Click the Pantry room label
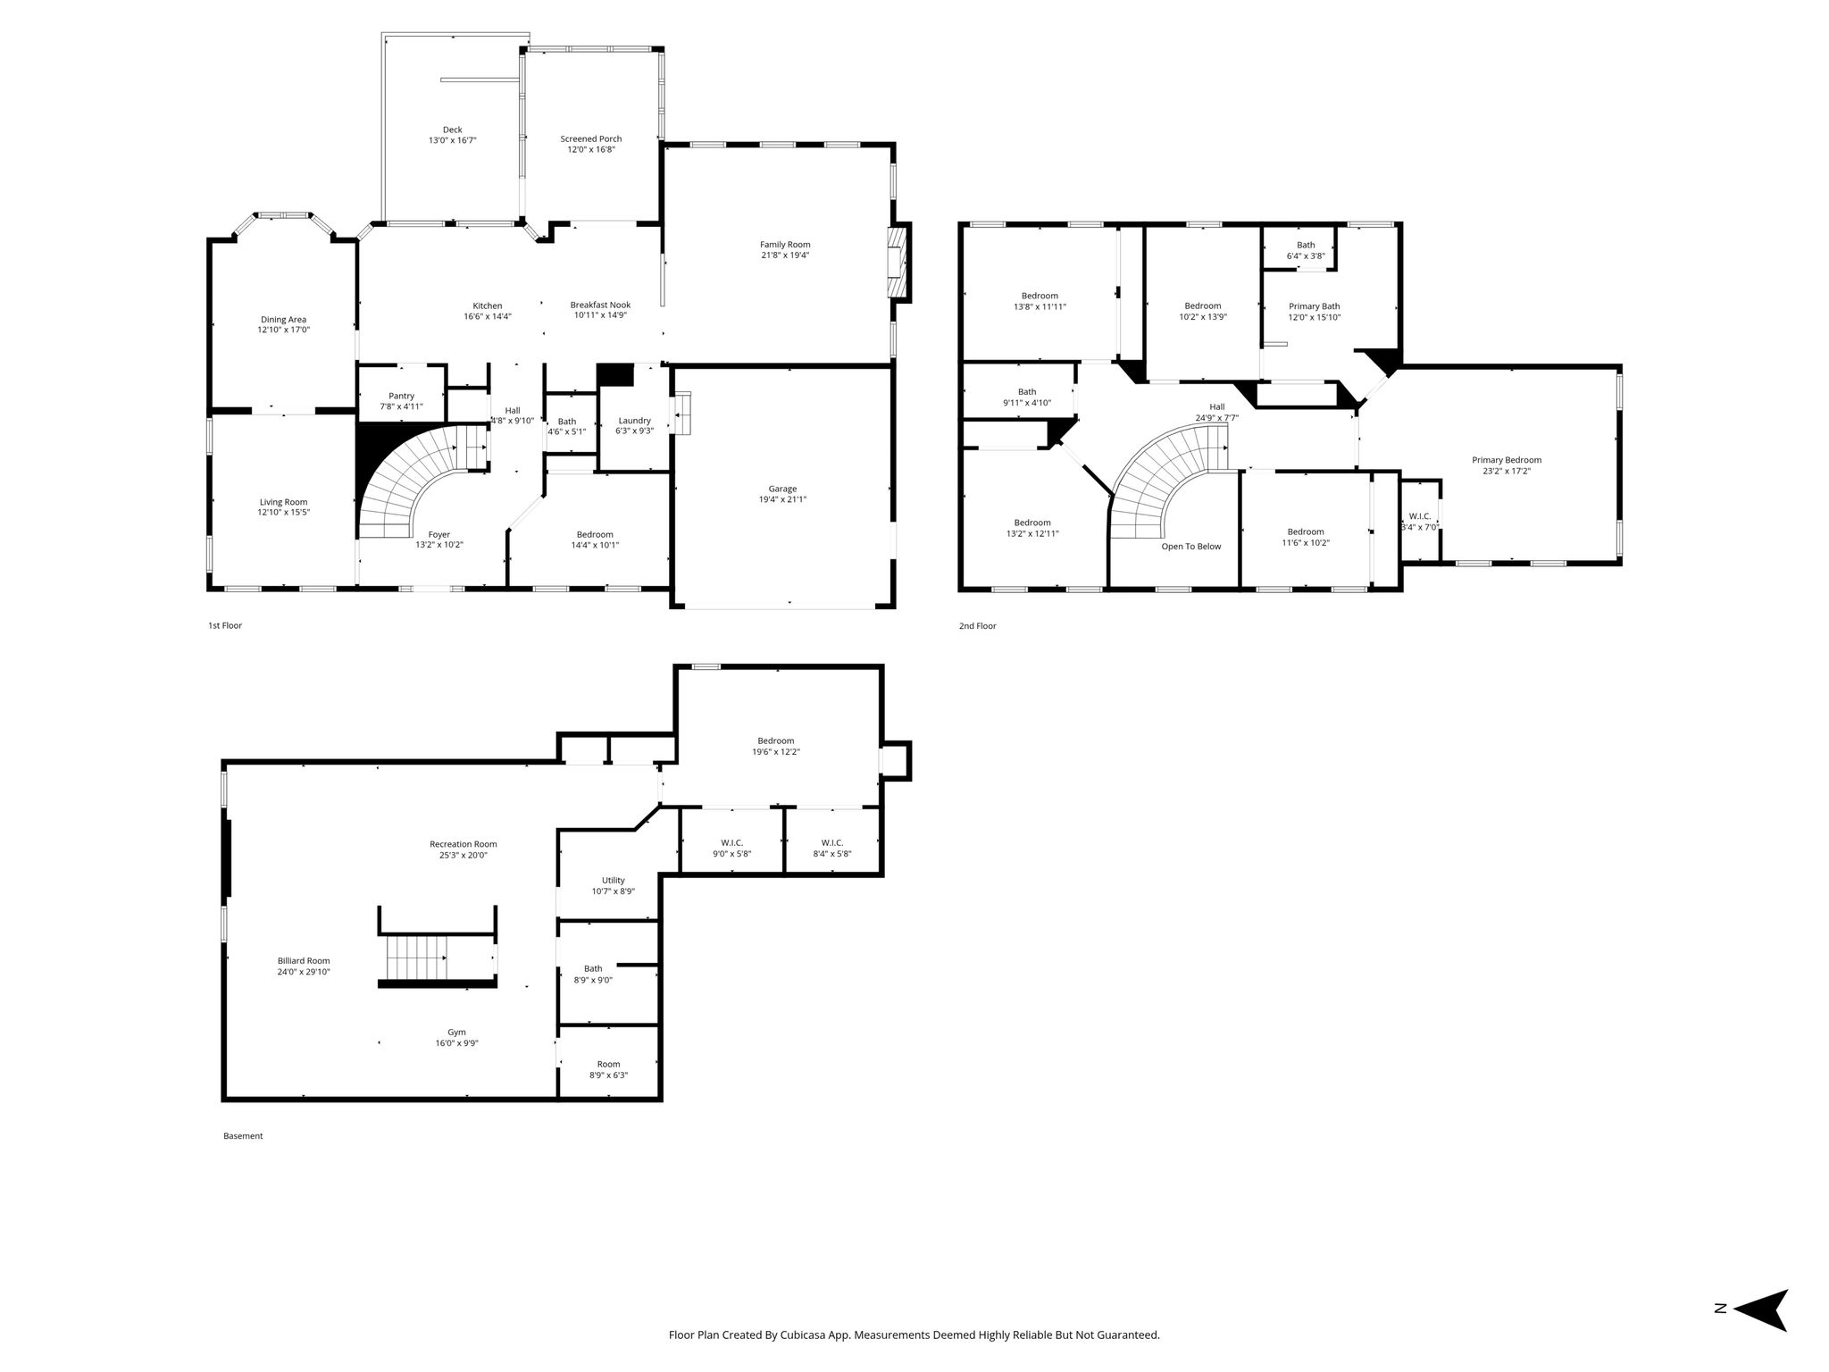coord(402,396)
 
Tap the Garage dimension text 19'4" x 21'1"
coord(782,499)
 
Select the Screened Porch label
coord(591,138)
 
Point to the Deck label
coord(453,130)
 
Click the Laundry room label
coord(635,420)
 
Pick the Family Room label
coord(785,245)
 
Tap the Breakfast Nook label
coord(600,305)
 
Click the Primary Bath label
coord(1315,306)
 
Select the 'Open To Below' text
coord(1191,547)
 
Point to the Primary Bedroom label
coord(1507,460)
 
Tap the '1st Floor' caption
coord(225,625)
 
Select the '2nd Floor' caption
coord(977,626)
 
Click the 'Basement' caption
coord(243,1136)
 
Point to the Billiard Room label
coord(304,960)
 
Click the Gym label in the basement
coord(456,1032)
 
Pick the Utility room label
coord(614,880)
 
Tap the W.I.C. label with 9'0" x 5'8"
coord(732,842)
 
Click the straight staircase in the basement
coord(416,958)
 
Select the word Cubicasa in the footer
coord(806,1335)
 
